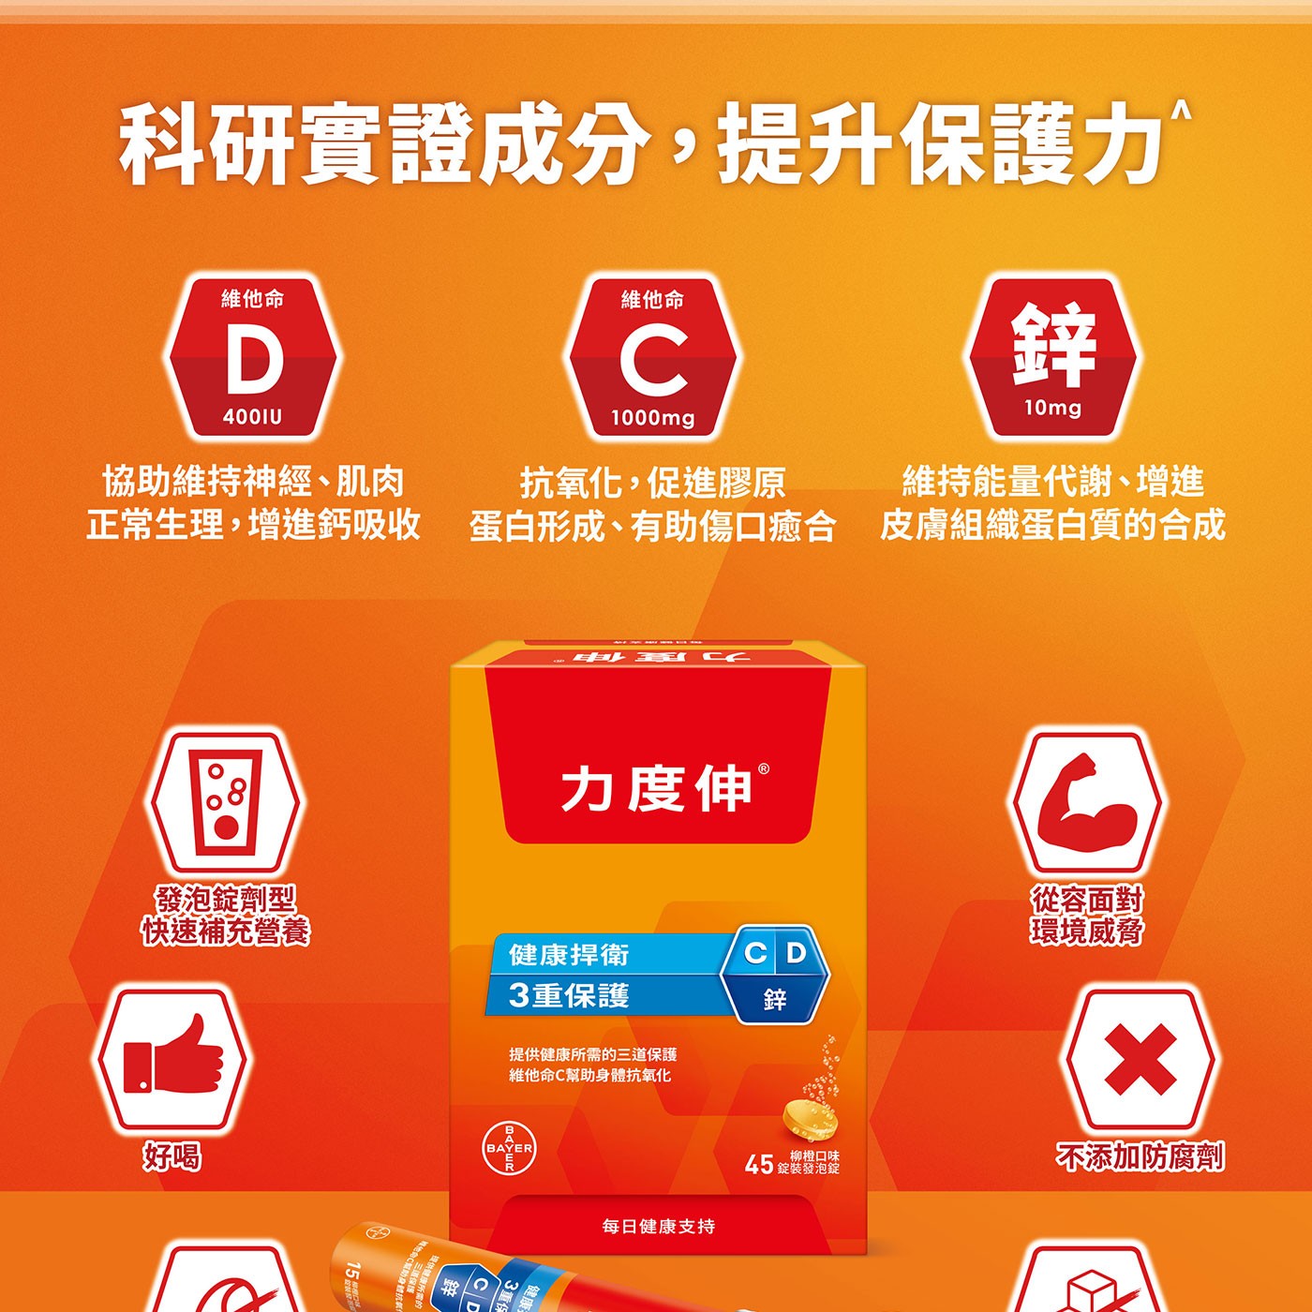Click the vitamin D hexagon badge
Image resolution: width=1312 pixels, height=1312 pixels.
pos(252,358)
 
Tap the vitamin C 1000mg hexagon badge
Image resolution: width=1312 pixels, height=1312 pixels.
pos(653,358)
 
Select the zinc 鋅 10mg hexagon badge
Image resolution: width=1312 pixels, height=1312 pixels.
pos(1052,356)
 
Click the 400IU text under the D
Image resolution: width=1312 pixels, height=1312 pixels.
pos(252,417)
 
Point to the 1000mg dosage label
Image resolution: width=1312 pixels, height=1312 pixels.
pos(653,418)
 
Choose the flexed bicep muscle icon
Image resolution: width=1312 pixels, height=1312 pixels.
pos(1086,802)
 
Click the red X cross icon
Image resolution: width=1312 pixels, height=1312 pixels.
pos(1140,1059)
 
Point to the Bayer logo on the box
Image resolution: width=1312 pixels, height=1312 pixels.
pos(510,1148)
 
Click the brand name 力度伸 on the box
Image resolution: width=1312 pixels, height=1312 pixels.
pos(656,788)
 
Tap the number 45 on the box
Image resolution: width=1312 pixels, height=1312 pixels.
pos(758,1165)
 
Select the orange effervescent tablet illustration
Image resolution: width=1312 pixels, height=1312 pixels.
pos(809,1118)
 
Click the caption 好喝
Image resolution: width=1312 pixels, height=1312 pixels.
pos(171,1157)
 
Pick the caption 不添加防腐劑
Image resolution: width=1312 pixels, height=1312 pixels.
pos(1140,1157)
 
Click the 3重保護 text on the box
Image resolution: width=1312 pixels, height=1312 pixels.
pos(569,995)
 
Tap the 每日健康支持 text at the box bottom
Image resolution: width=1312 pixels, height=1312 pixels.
pos(658,1226)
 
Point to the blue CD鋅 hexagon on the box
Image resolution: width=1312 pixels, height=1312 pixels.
pos(775,975)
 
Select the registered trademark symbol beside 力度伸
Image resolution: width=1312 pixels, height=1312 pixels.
pos(764,768)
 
